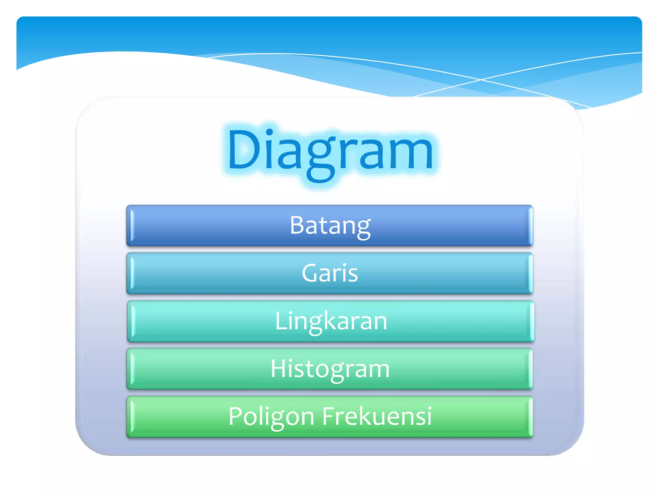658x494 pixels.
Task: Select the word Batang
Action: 330,225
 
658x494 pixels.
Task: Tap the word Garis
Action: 330,273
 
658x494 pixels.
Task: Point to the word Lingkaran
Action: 331,321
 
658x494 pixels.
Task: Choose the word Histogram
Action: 330,369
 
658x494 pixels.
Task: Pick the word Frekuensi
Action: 377,416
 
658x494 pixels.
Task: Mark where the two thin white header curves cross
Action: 481,79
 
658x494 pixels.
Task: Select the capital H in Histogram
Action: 278,369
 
